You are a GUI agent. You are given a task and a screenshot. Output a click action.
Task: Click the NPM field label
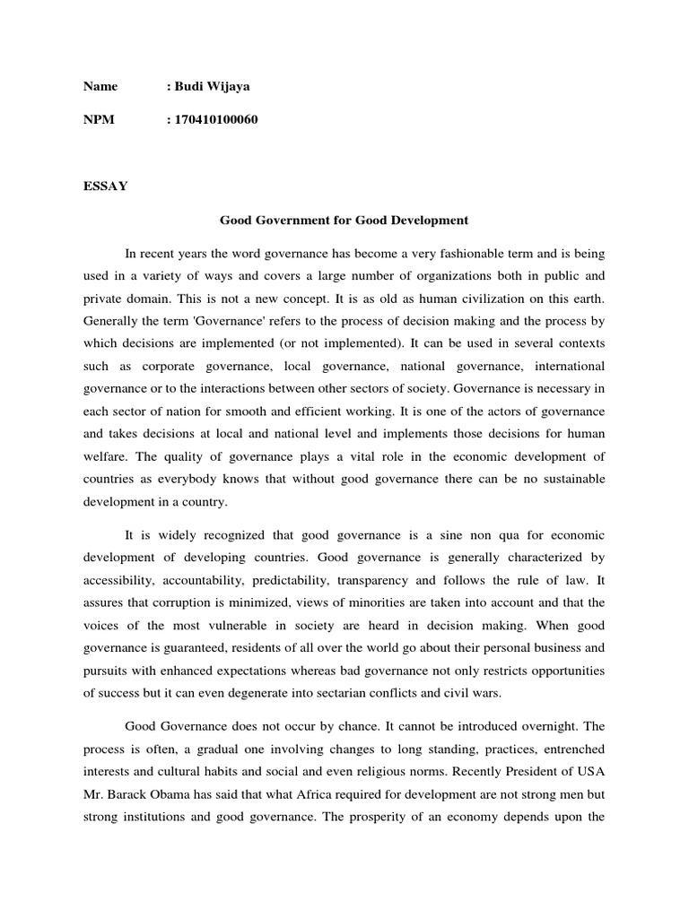tap(99, 120)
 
